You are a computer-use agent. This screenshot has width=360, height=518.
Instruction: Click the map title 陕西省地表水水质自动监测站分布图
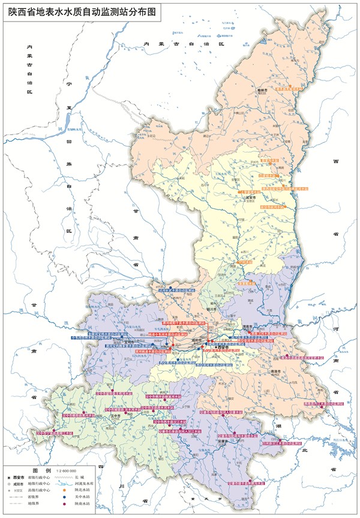(82, 10)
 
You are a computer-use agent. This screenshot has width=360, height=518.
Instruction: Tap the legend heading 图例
(40, 471)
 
